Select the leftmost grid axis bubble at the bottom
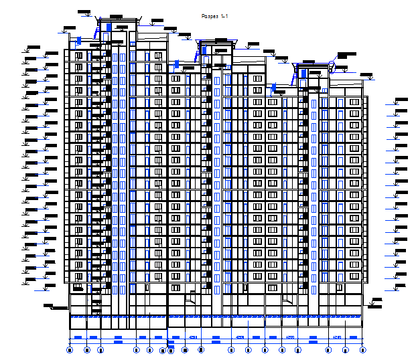point(70,349)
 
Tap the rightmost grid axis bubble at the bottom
point(362,349)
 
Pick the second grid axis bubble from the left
point(86,349)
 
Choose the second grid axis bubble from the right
point(346,349)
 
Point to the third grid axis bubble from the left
point(101,349)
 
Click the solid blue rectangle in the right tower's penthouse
point(303,72)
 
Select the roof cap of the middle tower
point(216,41)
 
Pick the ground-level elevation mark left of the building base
point(49,306)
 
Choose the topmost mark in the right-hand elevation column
point(399,101)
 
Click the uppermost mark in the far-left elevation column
point(30,48)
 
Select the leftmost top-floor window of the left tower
point(78,56)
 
